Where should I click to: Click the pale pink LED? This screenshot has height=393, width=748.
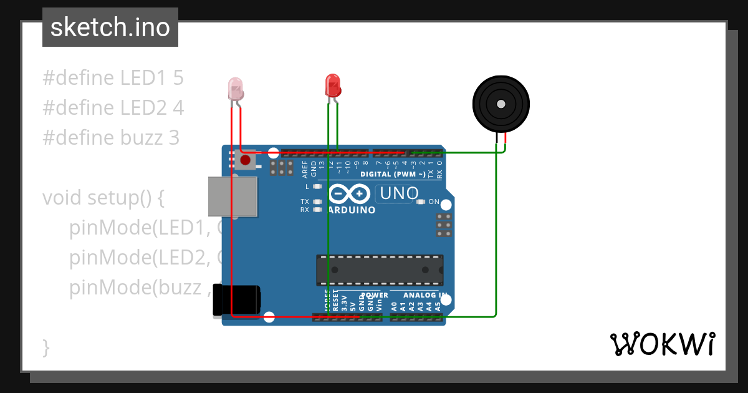click(236, 89)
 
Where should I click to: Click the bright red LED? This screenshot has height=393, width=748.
click(333, 85)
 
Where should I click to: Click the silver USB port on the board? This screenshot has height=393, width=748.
click(232, 196)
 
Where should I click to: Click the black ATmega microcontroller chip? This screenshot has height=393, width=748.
click(380, 269)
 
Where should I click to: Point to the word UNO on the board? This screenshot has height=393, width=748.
click(399, 193)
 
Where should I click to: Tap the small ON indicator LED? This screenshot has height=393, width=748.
click(421, 202)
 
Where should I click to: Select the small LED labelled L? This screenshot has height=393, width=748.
click(317, 187)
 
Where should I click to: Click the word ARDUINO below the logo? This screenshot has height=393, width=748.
click(351, 210)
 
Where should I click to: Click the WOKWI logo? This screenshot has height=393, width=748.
click(662, 344)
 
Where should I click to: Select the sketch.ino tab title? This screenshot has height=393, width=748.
click(110, 27)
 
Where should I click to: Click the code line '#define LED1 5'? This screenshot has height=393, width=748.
click(113, 78)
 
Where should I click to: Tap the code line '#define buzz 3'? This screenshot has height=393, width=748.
click(111, 138)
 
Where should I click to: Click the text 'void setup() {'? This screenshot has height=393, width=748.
click(103, 198)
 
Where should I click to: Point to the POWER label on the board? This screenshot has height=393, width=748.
click(374, 295)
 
